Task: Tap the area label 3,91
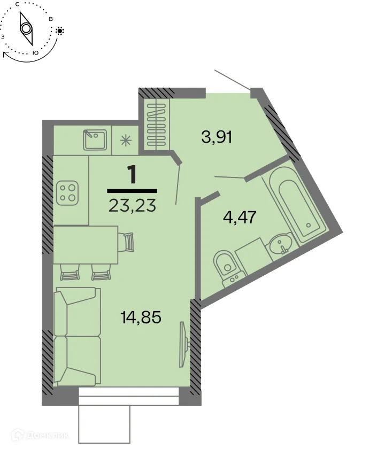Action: click(216, 137)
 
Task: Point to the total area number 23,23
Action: click(132, 205)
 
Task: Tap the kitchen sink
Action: click(95, 140)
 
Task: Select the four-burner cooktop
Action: click(68, 192)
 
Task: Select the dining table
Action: click(86, 244)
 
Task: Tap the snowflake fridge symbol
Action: click(126, 141)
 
